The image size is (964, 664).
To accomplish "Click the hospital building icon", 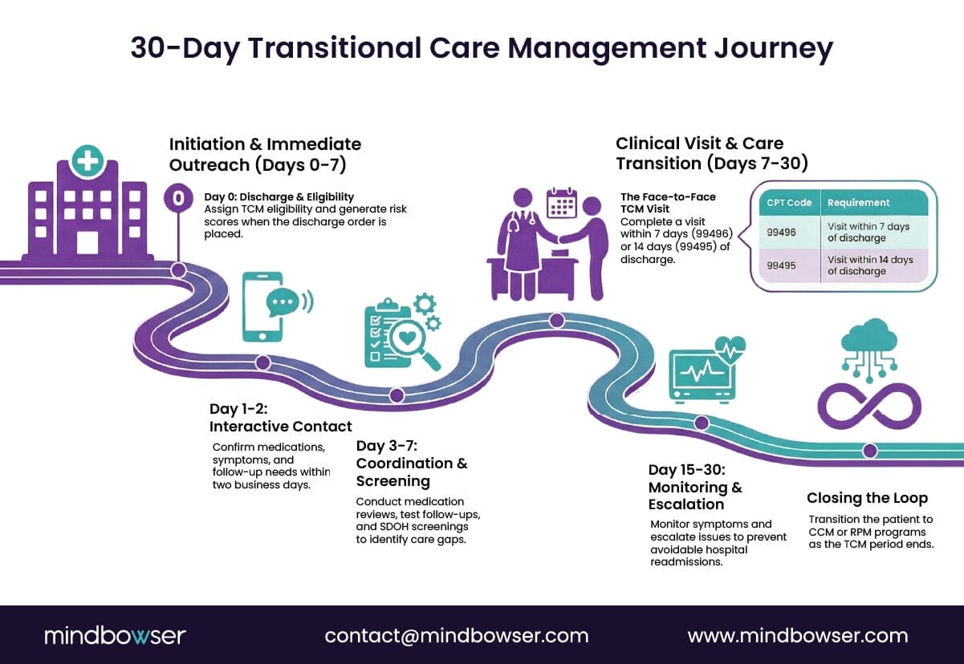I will coord(87,213).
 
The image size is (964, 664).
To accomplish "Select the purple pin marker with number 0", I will coord(178,197).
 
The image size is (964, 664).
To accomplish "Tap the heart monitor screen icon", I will coord(702,372).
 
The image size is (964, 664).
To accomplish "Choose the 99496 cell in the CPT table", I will coord(781,232).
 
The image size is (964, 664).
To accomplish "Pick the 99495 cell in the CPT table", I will coord(781,265).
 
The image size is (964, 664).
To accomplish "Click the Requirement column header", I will coord(858,203).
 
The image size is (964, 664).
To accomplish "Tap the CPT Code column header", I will coord(788,203).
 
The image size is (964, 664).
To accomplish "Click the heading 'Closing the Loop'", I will coord(867,498).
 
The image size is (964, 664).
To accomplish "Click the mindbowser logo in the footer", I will coord(115,636).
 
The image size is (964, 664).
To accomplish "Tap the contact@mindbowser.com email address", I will coord(456,636).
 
